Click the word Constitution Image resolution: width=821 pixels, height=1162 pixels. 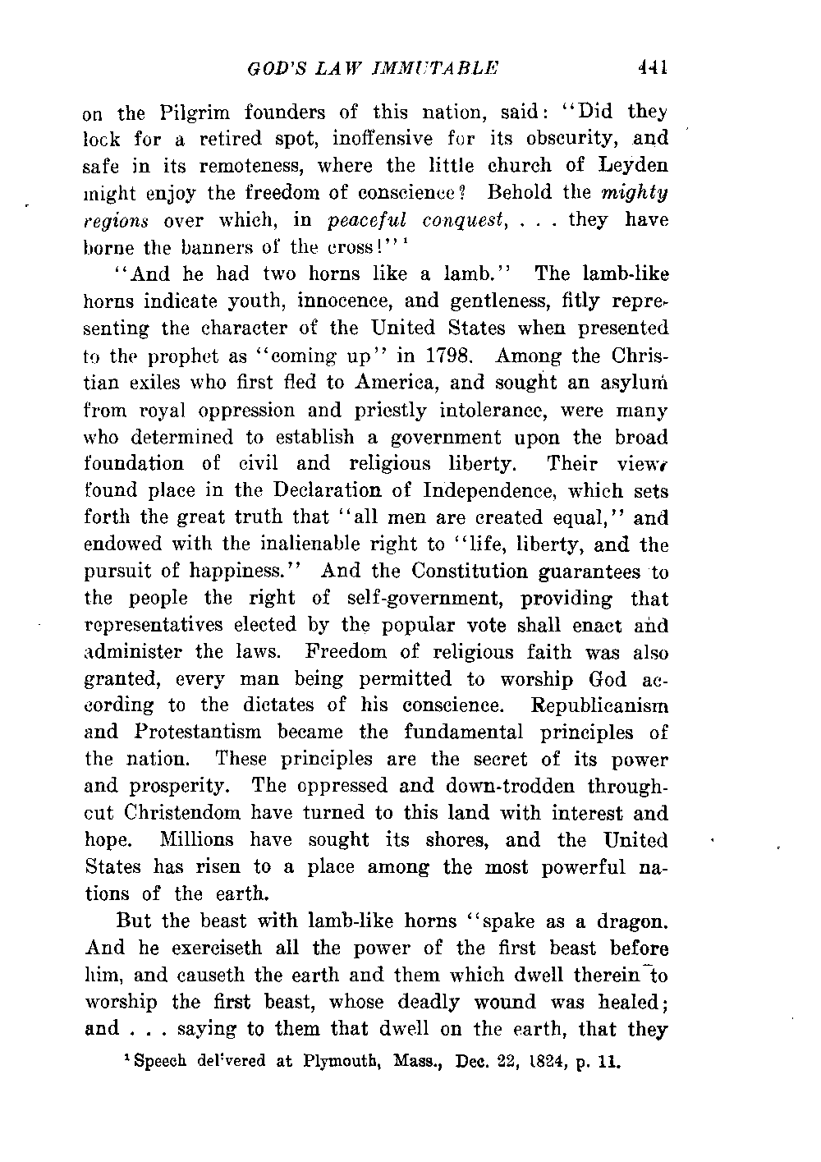[482, 572]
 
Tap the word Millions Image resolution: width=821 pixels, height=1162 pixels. [197, 840]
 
